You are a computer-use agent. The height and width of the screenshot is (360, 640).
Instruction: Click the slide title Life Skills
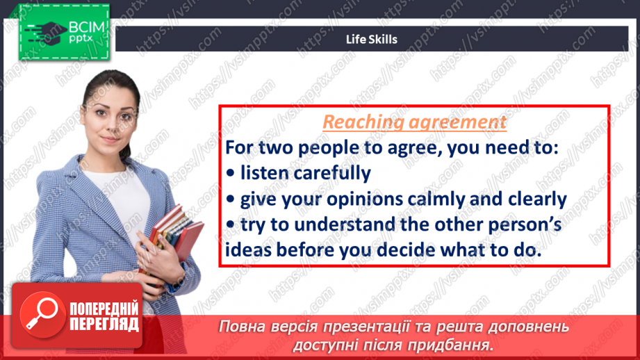click(x=372, y=39)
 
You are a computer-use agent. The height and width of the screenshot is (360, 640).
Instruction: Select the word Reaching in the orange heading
click(x=362, y=122)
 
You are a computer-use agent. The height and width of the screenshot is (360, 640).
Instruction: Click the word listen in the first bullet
click(x=264, y=172)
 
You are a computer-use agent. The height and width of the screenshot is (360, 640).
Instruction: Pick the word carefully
click(x=332, y=174)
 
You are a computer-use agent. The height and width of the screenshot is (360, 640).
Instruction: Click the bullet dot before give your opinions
click(x=231, y=199)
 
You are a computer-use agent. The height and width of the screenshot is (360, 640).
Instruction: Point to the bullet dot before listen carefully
click(x=231, y=174)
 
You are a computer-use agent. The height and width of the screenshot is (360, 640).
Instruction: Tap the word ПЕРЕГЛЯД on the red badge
click(x=104, y=325)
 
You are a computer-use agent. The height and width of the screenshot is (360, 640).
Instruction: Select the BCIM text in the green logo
click(x=87, y=27)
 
